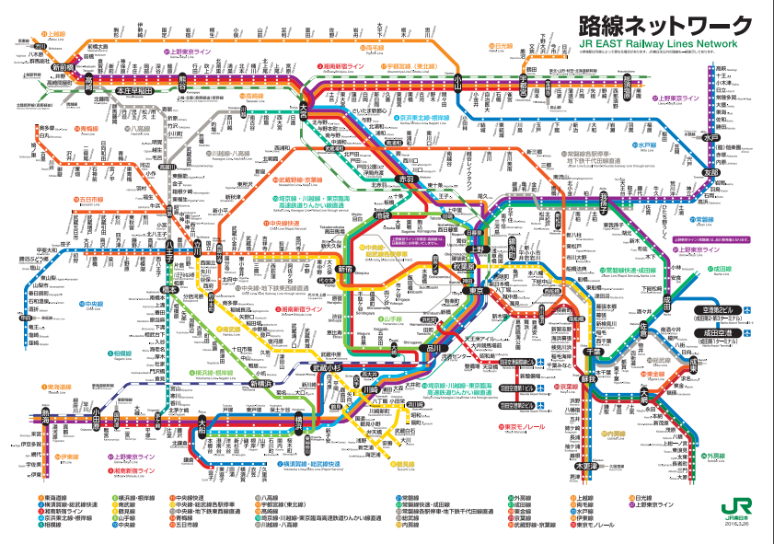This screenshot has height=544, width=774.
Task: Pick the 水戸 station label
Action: coord(710,138)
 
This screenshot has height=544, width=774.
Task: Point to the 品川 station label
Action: coord(431,348)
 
